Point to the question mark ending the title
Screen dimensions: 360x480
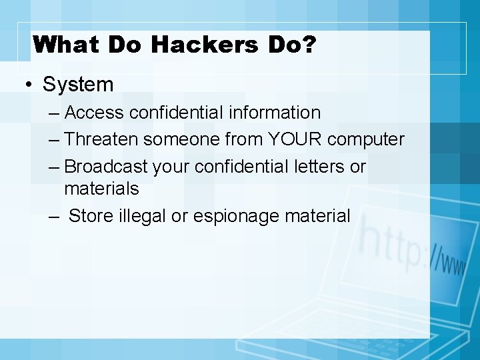[310, 45]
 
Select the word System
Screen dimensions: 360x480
[78, 85]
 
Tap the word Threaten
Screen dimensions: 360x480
[103, 139]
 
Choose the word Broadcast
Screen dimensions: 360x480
[107, 166]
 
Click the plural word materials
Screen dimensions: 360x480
[101, 189]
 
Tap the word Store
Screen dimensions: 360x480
[91, 216]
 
